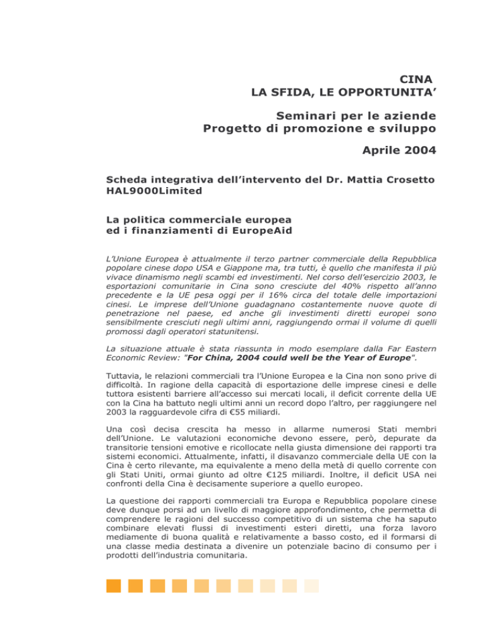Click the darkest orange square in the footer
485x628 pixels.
114,586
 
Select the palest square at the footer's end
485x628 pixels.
312,586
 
